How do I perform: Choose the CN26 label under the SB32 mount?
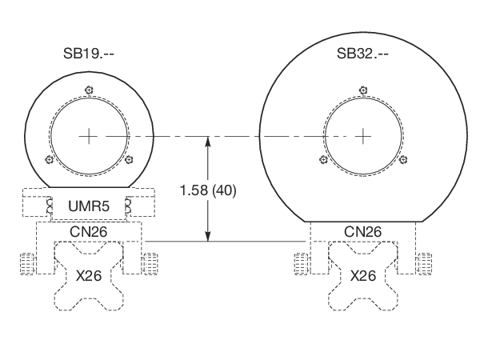[363, 231]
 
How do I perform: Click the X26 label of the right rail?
[363, 274]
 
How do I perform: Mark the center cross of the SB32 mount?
[363, 136]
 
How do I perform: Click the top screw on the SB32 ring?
[363, 89]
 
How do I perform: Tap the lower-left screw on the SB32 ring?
[323, 159]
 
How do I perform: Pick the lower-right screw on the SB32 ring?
[404, 159]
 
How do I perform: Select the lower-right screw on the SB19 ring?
[128, 159]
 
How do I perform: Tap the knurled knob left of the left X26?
[28, 263]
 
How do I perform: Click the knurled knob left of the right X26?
[302, 263]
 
